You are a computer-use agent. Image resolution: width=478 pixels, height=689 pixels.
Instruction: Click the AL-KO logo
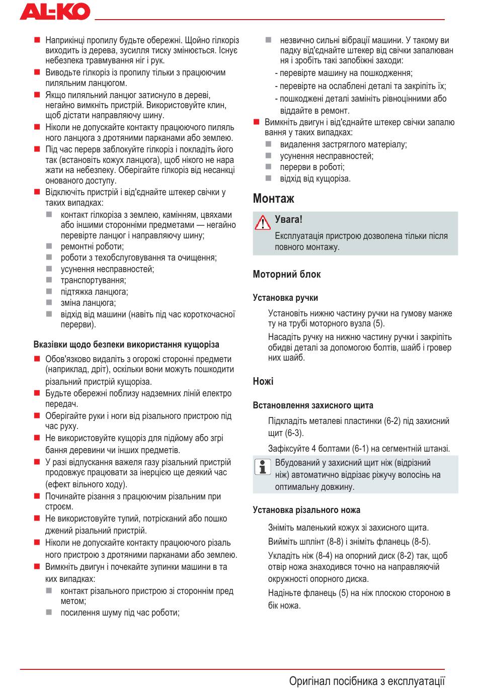[x=55, y=12]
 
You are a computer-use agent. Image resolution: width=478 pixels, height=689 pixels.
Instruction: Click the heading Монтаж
[x=273, y=199]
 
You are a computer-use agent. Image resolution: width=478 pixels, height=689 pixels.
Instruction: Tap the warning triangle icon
[x=263, y=222]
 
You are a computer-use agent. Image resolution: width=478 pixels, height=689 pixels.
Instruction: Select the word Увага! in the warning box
[x=289, y=220]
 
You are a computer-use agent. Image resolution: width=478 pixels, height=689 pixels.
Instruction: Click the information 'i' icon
[x=262, y=467]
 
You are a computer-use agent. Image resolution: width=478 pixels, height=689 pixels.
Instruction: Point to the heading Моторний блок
[x=286, y=275]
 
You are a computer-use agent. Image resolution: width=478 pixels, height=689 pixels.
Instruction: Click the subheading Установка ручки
[x=285, y=298]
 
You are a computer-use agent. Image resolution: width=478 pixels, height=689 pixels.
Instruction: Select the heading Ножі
[x=263, y=382]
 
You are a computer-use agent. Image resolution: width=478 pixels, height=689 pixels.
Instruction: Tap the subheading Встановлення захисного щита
[x=313, y=405]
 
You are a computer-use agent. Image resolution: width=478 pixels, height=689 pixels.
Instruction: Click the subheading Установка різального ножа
[x=306, y=510]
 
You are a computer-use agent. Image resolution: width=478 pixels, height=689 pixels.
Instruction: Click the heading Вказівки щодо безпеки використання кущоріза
[x=126, y=345]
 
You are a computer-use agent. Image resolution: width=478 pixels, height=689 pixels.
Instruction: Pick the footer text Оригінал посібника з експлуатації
[x=367, y=681]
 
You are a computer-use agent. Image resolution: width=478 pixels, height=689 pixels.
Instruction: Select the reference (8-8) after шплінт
[x=335, y=542]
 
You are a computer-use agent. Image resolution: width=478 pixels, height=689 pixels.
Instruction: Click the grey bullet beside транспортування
[x=49, y=280]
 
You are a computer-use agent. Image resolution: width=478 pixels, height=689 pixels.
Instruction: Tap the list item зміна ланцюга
[x=88, y=303]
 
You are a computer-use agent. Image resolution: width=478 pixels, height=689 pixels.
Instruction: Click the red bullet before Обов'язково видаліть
[x=37, y=359]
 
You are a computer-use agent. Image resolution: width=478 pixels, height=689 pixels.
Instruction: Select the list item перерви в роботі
[x=312, y=167]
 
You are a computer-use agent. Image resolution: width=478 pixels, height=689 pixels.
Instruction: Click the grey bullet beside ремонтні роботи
[x=49, y=246]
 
